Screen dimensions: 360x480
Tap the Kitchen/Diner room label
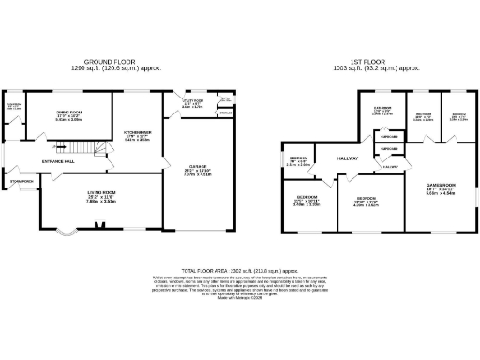click(137, 133)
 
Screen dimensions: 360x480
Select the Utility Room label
click(191, 101)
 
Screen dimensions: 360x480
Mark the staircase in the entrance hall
click(81, 148)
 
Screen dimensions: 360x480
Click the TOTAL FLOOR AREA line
click(240, 270)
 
